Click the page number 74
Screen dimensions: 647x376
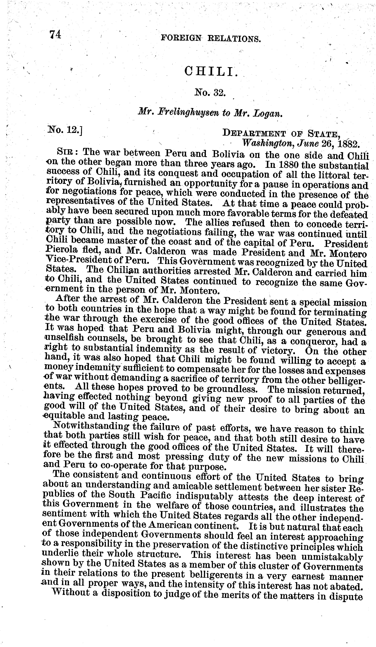pos(55,34)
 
